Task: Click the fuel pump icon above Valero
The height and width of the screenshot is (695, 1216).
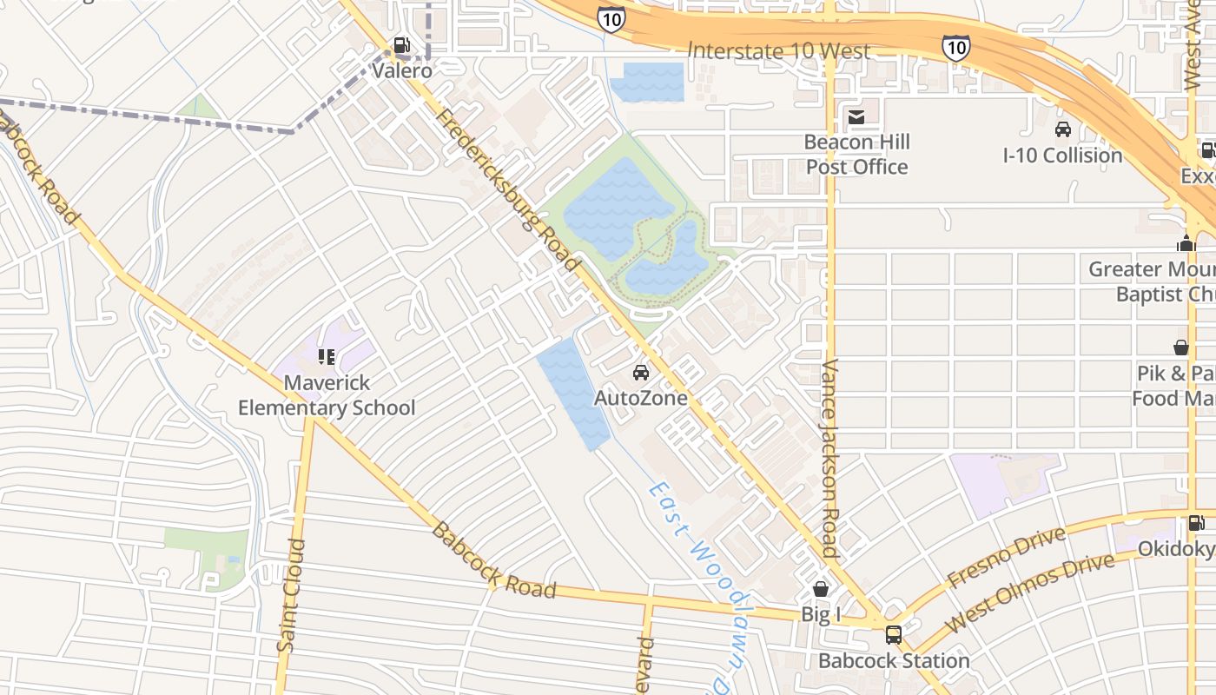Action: pos(401,45)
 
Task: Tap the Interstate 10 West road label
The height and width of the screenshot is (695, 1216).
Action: pos(778,51)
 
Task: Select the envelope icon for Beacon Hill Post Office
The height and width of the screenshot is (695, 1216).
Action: pos(856,117)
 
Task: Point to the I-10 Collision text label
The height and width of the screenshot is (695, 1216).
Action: pos(1062,156)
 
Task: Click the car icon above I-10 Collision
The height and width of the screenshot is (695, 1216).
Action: pos(1062,130)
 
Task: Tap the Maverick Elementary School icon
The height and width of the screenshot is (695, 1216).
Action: pos(327,356)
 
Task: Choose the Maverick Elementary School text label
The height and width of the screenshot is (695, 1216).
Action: pos(327,395)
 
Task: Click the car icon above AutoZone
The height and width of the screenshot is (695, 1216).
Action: pos(641,373)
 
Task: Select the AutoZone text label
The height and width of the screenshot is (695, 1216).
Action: pos(641,398)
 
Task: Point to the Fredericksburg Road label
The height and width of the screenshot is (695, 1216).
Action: pos(507,191)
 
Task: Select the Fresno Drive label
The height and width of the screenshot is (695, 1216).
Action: pos(1006,556)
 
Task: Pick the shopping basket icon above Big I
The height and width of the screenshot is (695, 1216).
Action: pos(821,589)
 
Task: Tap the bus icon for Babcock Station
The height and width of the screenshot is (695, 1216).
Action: pos(893,635)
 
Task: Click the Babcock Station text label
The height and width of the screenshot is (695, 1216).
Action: pos(894,660)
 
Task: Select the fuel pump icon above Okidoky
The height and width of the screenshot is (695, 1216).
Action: pos(1196,523)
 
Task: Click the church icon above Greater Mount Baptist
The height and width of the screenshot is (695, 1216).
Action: pos(1186,244)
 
